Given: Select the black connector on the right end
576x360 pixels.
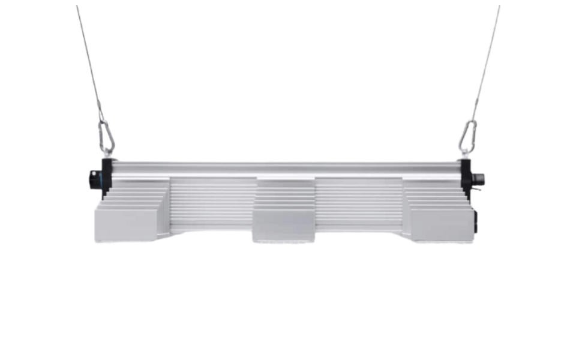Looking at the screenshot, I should click(x=478, y=179).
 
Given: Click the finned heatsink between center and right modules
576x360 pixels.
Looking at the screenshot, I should click(x=359, y=204).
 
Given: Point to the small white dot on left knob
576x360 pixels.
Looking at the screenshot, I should click(x=91, y=175).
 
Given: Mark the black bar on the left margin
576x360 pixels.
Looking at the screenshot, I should click(x=24, y=180).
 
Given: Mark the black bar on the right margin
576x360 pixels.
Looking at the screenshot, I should click(x=552, y=180).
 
